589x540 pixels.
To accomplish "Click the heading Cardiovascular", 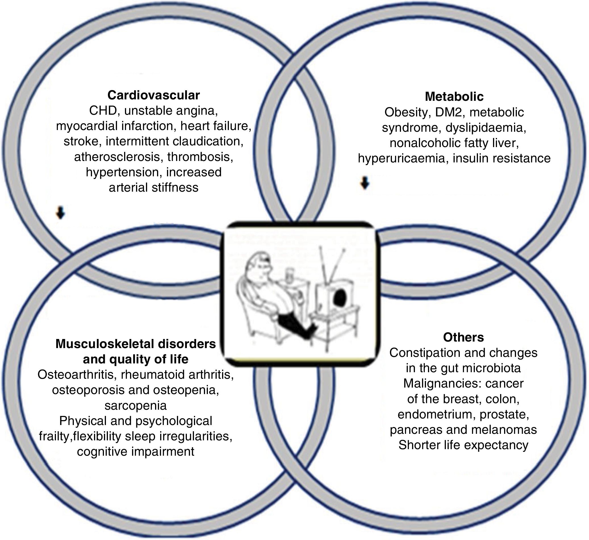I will point(153,95).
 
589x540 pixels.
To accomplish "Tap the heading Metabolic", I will point(454,97).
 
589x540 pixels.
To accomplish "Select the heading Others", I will point(463,337).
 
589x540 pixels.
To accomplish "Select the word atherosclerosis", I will point(118,157).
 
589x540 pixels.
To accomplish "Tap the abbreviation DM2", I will point(450,112).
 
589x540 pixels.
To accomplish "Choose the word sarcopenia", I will point(136,405).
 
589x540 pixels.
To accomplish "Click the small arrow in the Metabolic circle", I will point(365,183).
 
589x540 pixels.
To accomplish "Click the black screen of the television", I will point(339,298).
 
